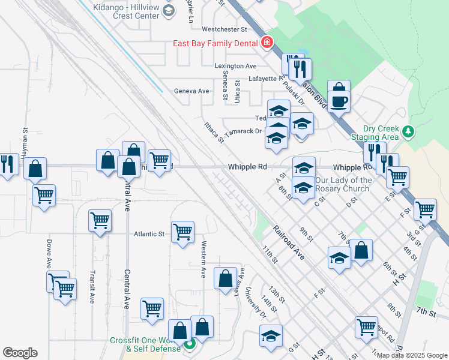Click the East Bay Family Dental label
[x=215, y=43]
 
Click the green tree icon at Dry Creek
[x=408, y=131]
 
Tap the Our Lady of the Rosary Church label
[x=343, y=184]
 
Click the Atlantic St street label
[x=149, y=234]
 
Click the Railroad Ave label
[x=289, y=243]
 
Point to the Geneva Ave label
[x=191, y=91]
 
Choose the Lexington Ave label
[x=235, y=66]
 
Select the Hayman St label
[x=25, y=142]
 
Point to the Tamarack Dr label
[x=243, y=131]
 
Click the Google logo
[x=20, y=353]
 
